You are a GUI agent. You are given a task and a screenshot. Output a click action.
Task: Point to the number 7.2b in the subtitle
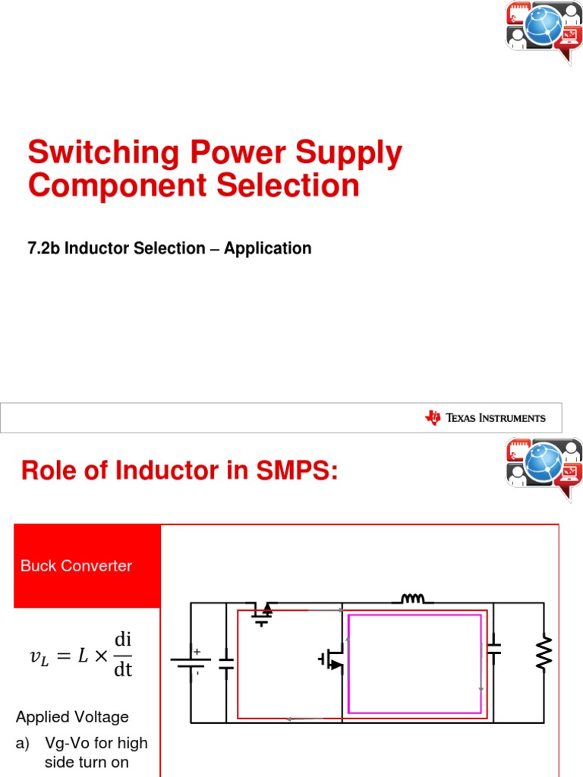[x=44, y=248]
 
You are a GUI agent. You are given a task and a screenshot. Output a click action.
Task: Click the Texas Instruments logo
[x=485, y=417]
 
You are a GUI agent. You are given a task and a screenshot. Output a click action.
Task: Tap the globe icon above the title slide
[x=544, y=25]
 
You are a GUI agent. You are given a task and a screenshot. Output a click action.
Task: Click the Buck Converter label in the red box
[x=76, y=566]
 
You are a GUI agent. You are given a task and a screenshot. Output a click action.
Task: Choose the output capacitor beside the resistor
[x=494, y=648]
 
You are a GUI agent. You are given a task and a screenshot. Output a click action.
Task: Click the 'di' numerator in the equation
[x=123, y=639]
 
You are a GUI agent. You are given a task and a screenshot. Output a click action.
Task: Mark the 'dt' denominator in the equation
[x=123, y=670]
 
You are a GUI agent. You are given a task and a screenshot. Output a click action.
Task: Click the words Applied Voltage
[x=72, y=717]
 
